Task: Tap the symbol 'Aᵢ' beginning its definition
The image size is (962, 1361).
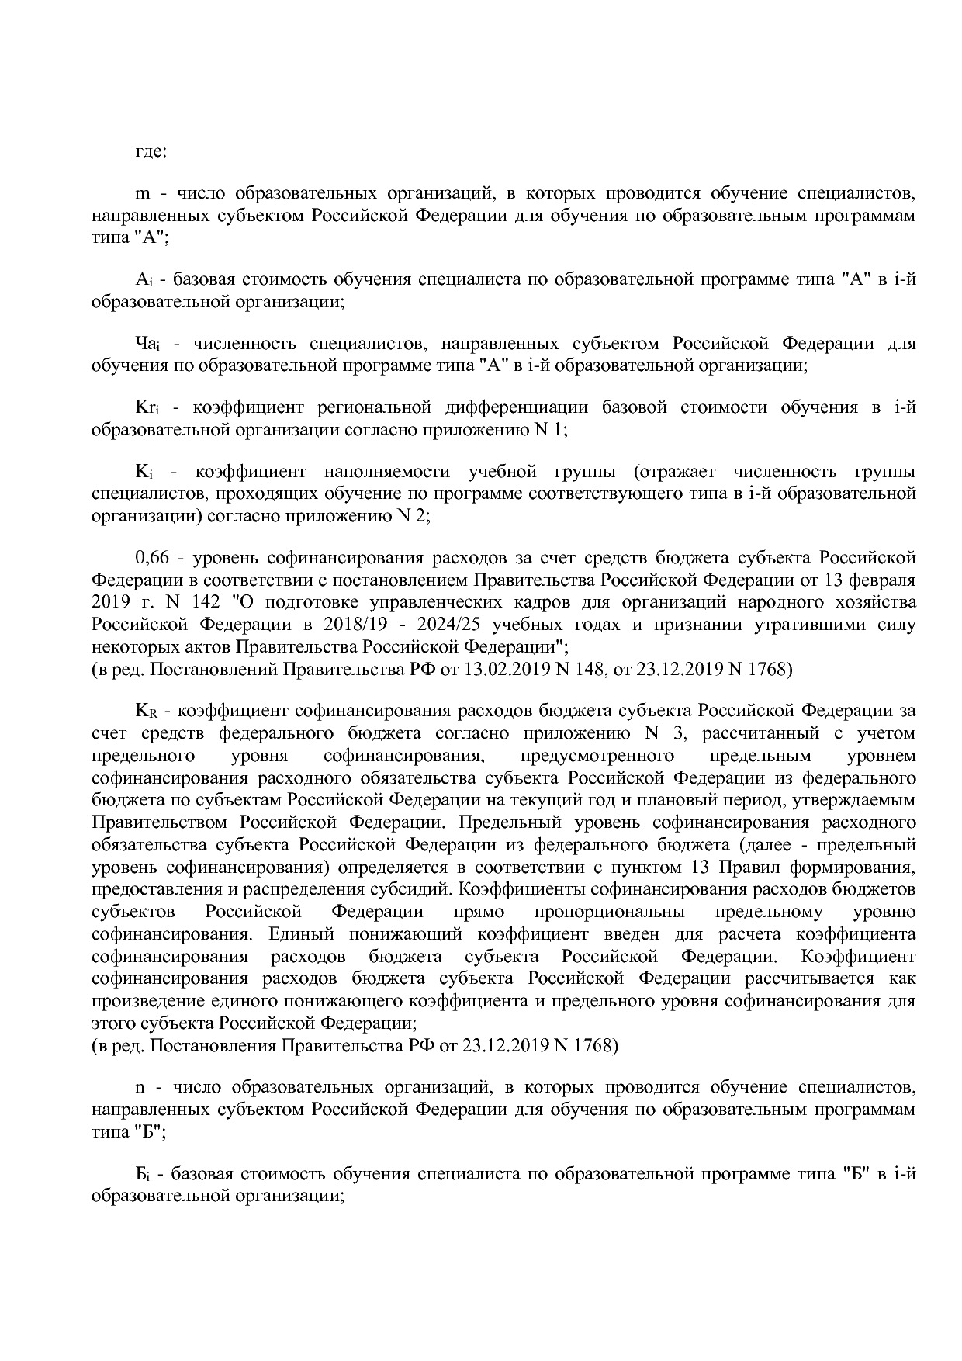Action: click(142, 280)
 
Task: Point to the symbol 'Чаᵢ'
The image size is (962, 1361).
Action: click(147, 344)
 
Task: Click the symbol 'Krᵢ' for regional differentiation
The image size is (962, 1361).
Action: click(147, 408)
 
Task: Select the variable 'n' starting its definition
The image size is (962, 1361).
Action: click(140, 1088)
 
